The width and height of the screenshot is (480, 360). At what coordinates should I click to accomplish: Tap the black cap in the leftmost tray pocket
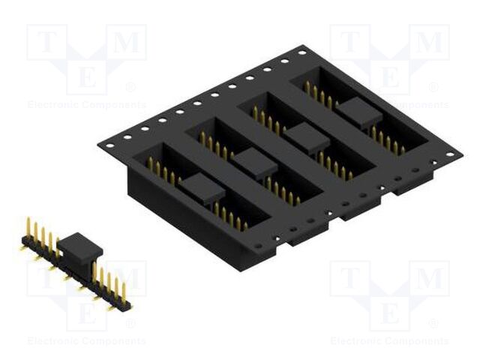(203, 188)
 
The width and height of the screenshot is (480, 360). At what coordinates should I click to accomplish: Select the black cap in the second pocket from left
(254, 163)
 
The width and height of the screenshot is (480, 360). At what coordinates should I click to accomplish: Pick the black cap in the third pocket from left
(307, 137)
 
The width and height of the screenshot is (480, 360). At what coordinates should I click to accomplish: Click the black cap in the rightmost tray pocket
(358, 113)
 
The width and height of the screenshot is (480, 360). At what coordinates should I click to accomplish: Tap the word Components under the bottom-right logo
(420, 341)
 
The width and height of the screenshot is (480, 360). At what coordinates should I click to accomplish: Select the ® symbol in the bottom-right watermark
(433, 324)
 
